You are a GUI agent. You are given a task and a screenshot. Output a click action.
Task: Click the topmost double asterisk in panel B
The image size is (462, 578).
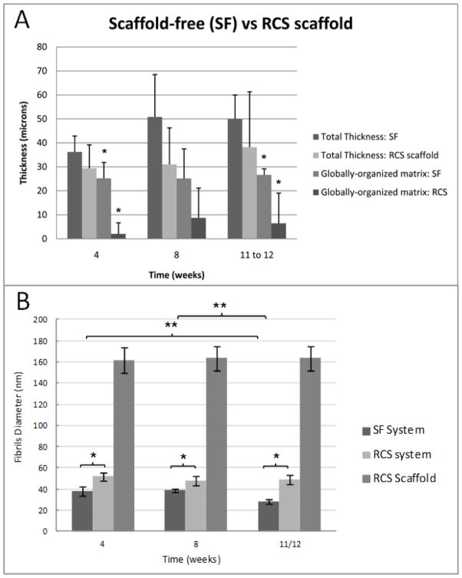(x=219, y=306)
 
